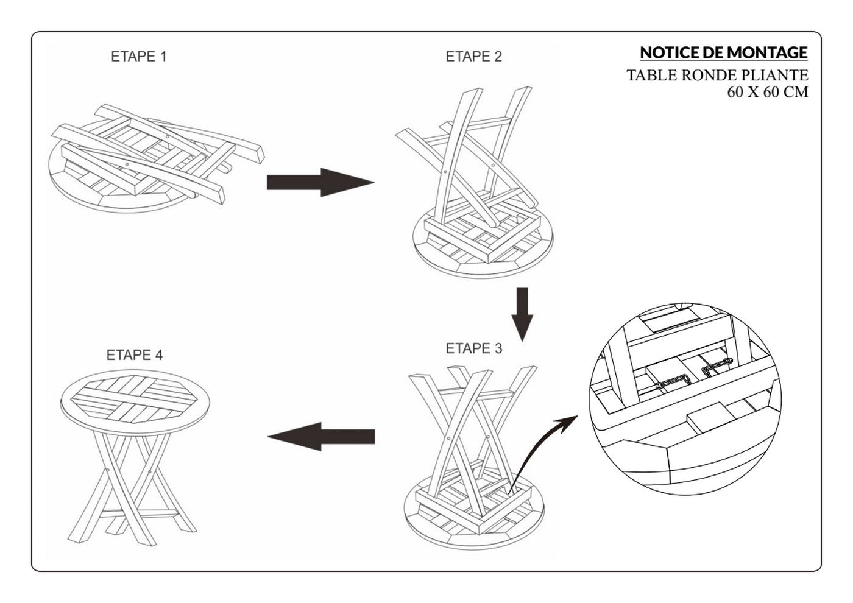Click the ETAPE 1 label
[x=139, y=56]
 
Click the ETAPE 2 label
[x=474, y=56]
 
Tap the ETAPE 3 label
[x=474, y=348]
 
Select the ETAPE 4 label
[x=135, y=354]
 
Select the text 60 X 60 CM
[x=768, y=92]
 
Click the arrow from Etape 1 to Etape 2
[x=320, y=182]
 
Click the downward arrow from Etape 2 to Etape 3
[x=522, y=314]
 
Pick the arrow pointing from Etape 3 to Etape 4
[x=321, y=437]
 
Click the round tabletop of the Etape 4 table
[x=135, y=401]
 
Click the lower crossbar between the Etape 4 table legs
[x=139, y=512]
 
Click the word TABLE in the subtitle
[x=651, y=76]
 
